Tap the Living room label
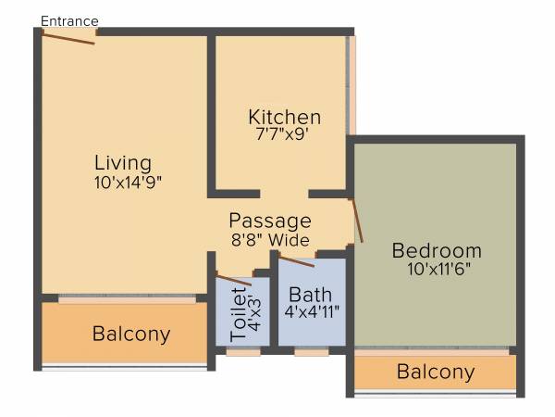[x=123, y=164]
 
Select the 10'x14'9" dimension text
[x=133, y=183]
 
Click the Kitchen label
[x=284, y=118]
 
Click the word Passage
[x=270, y=221]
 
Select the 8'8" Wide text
[x=270, y=240]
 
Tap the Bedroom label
[x=437, y=250]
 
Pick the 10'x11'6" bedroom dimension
[x=437, y=270]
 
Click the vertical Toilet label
[x=239, y=313]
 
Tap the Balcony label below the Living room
[x=131, y=334]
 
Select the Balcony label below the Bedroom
[x=435, y=373]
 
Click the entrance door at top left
[x=68, y=38]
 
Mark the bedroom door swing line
[x=357, y=221]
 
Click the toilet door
[x=233, y=279]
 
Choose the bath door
[x=297, y=260]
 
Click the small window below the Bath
[x=312, y=352]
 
